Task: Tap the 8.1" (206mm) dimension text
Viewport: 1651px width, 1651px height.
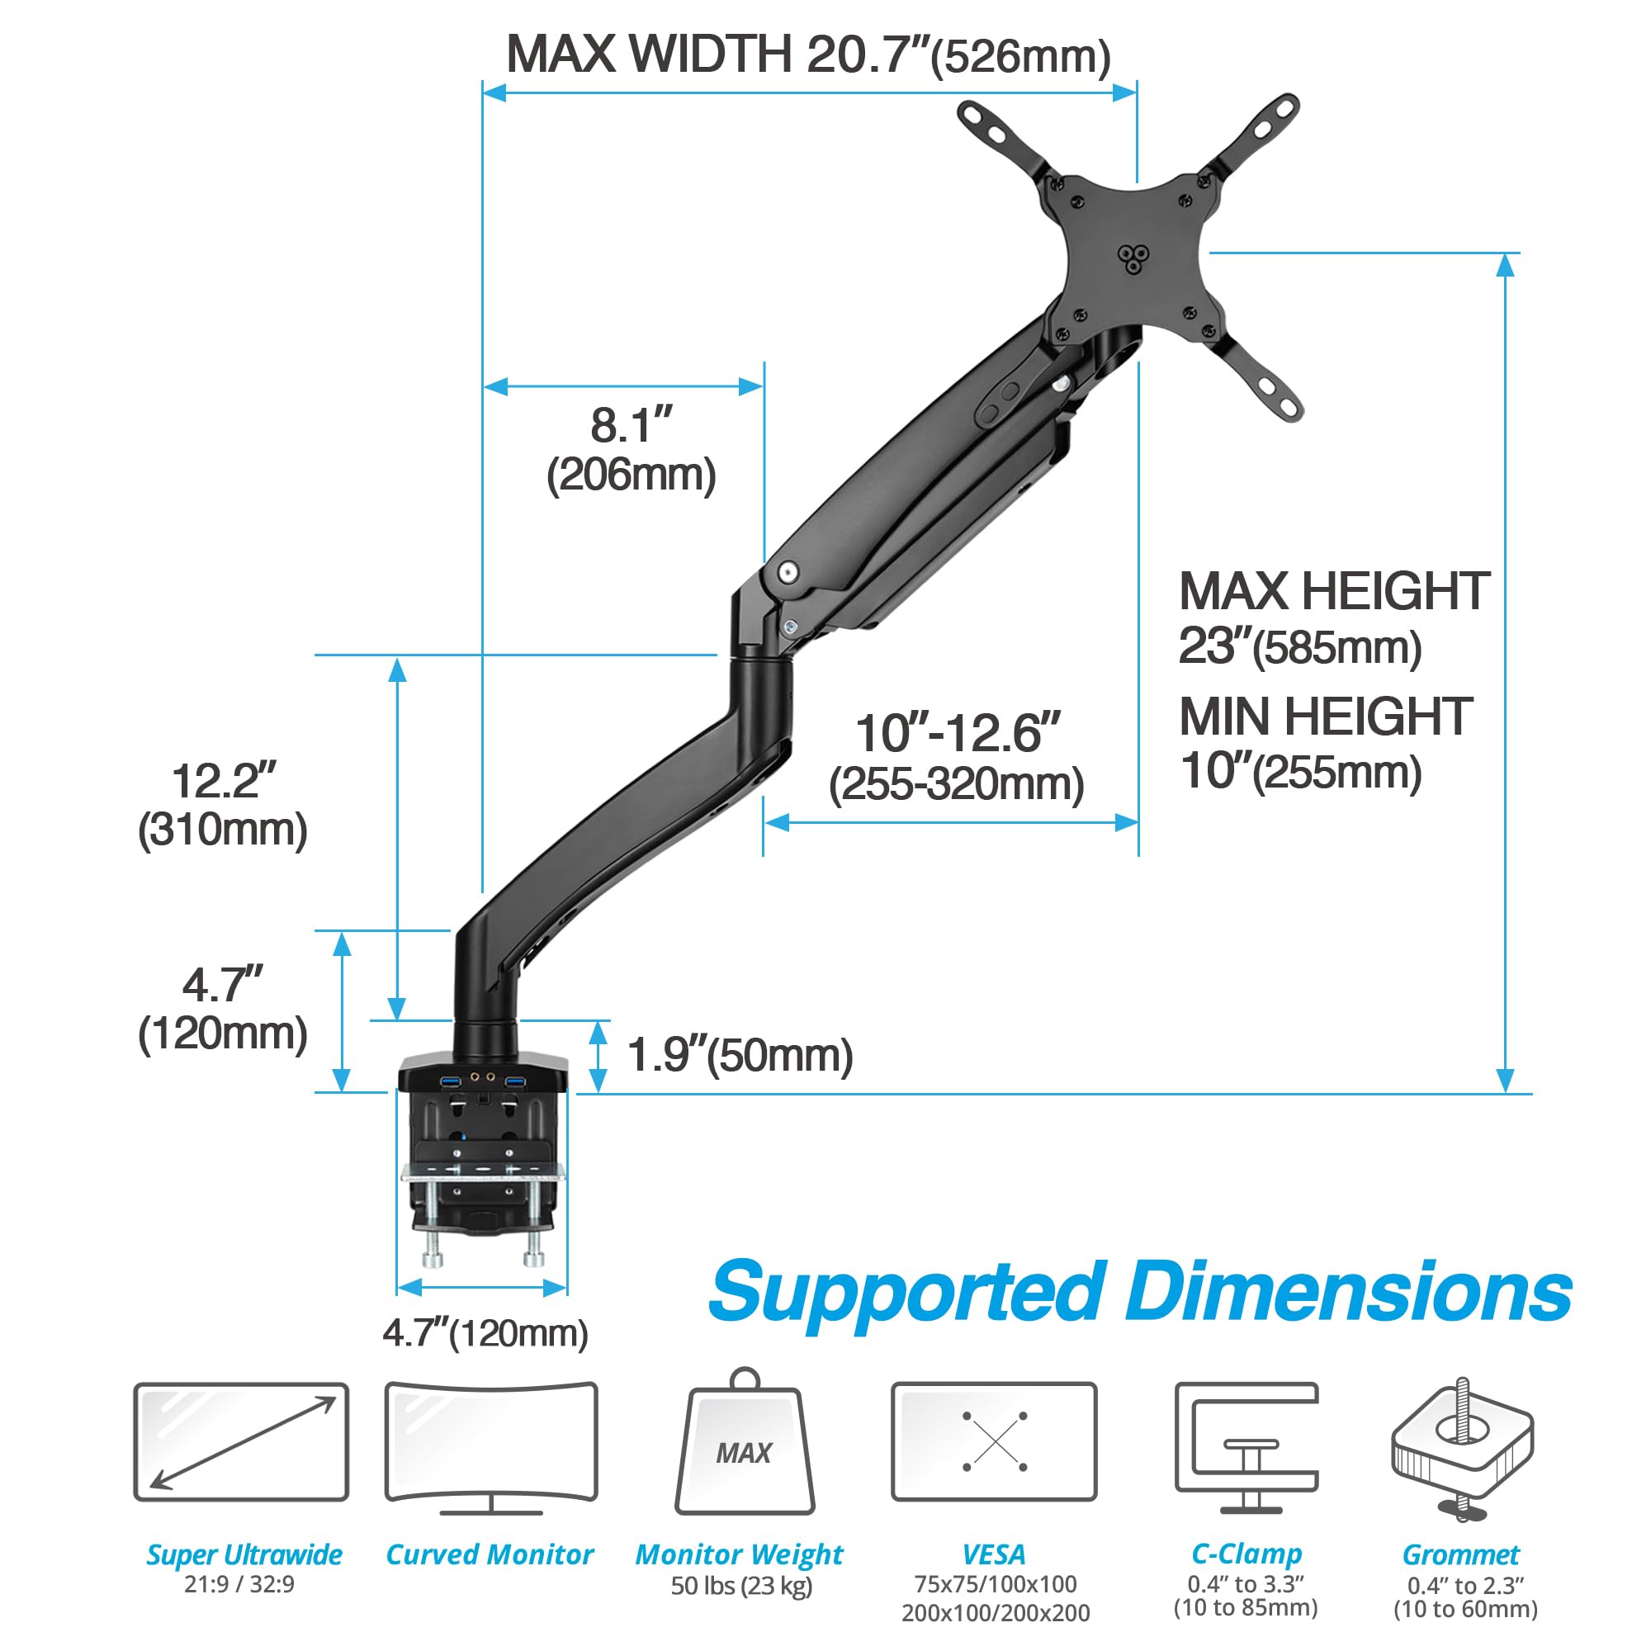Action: click(632, 450)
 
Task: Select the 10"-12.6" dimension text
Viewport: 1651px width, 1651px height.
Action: click(957, 733)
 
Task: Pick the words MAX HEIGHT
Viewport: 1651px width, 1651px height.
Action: click(1334, 591)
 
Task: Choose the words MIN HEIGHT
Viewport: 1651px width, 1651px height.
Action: click(1326, 716)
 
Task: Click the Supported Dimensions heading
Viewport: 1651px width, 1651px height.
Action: click(1139, 1293)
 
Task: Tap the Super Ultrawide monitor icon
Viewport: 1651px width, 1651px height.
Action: click(241, 1442)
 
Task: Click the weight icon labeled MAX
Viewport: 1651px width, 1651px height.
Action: click(745, 1446)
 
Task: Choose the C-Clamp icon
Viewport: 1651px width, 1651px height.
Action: click(1246, 1447)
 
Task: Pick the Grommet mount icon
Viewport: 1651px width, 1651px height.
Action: click(1462, 1449)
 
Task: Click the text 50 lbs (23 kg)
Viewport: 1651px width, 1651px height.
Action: click(741, 1586)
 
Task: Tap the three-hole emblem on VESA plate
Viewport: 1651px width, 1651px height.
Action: click(1133, 258)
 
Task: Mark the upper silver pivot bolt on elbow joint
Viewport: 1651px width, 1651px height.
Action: click(788, 570)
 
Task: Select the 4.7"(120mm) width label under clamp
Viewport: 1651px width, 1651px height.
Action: click(485, 1333)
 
